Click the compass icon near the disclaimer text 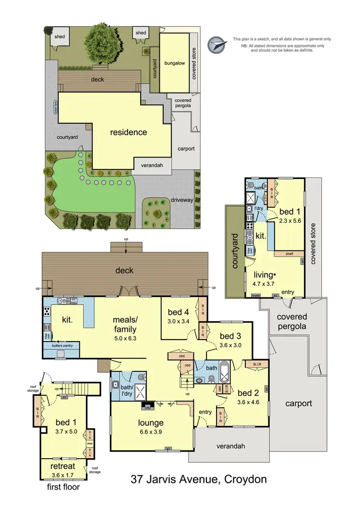[x=217, y=44]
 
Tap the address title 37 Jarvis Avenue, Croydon [x=199, y=479]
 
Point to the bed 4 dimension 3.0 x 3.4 [x=178, y=321]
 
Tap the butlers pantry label [x=63, y=345]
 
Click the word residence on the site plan [x=129, y=132]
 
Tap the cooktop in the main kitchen [x=47, y=310]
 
